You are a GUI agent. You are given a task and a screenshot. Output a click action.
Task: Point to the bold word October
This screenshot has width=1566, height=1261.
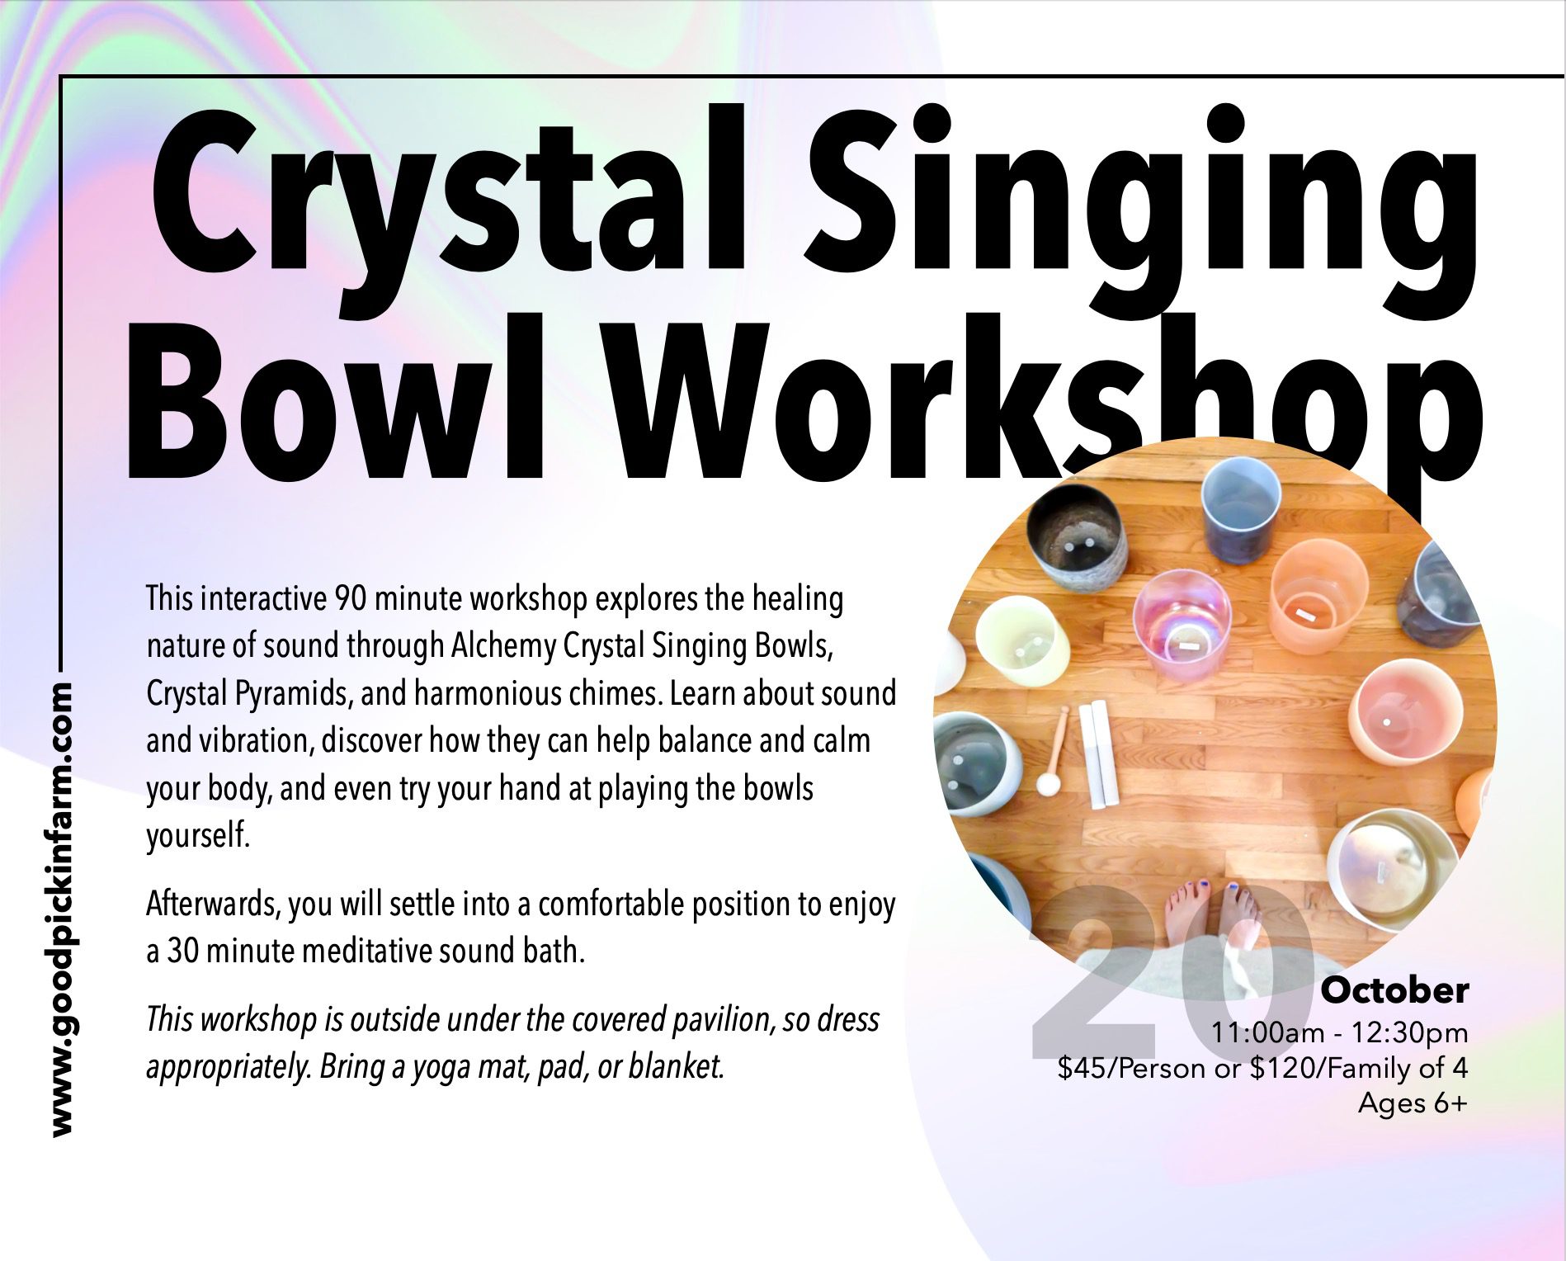pos(1394,990)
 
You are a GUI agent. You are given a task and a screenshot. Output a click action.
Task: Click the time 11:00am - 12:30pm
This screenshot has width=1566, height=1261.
pos(1340,1032)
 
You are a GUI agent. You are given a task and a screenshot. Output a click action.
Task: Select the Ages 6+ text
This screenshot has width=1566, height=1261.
pos(1413,1103)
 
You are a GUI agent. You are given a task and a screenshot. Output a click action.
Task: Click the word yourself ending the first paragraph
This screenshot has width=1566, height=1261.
pos(198,836)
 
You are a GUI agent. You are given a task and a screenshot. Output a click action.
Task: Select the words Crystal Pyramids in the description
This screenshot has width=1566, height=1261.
pos(250,694)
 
